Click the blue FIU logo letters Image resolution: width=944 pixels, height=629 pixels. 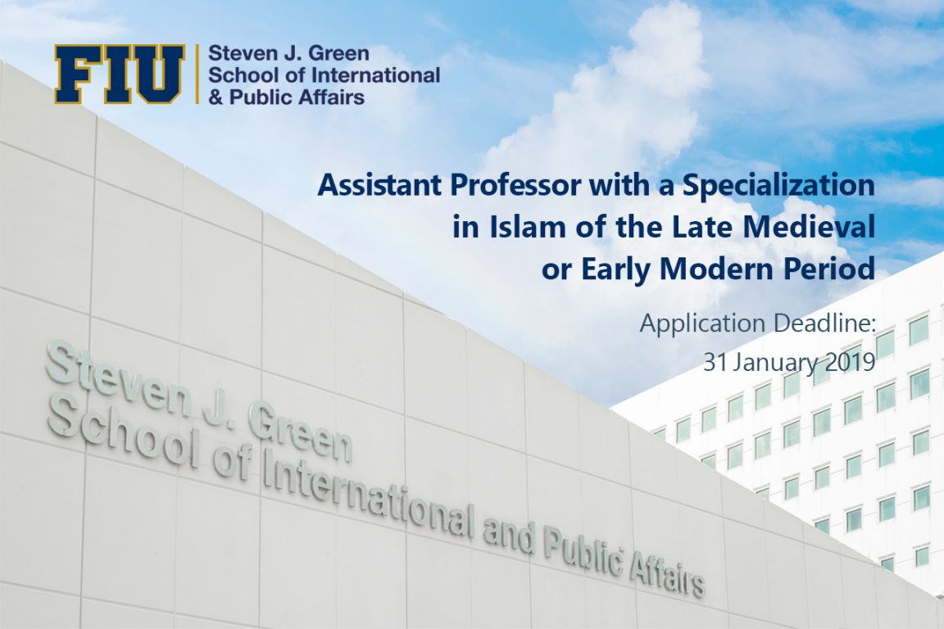pos(119,74)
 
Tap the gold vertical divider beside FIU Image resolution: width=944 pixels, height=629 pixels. pos(197,74)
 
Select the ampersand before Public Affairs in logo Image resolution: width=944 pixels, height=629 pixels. pos(216,97)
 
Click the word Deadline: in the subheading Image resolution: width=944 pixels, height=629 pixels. pos(824,324)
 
